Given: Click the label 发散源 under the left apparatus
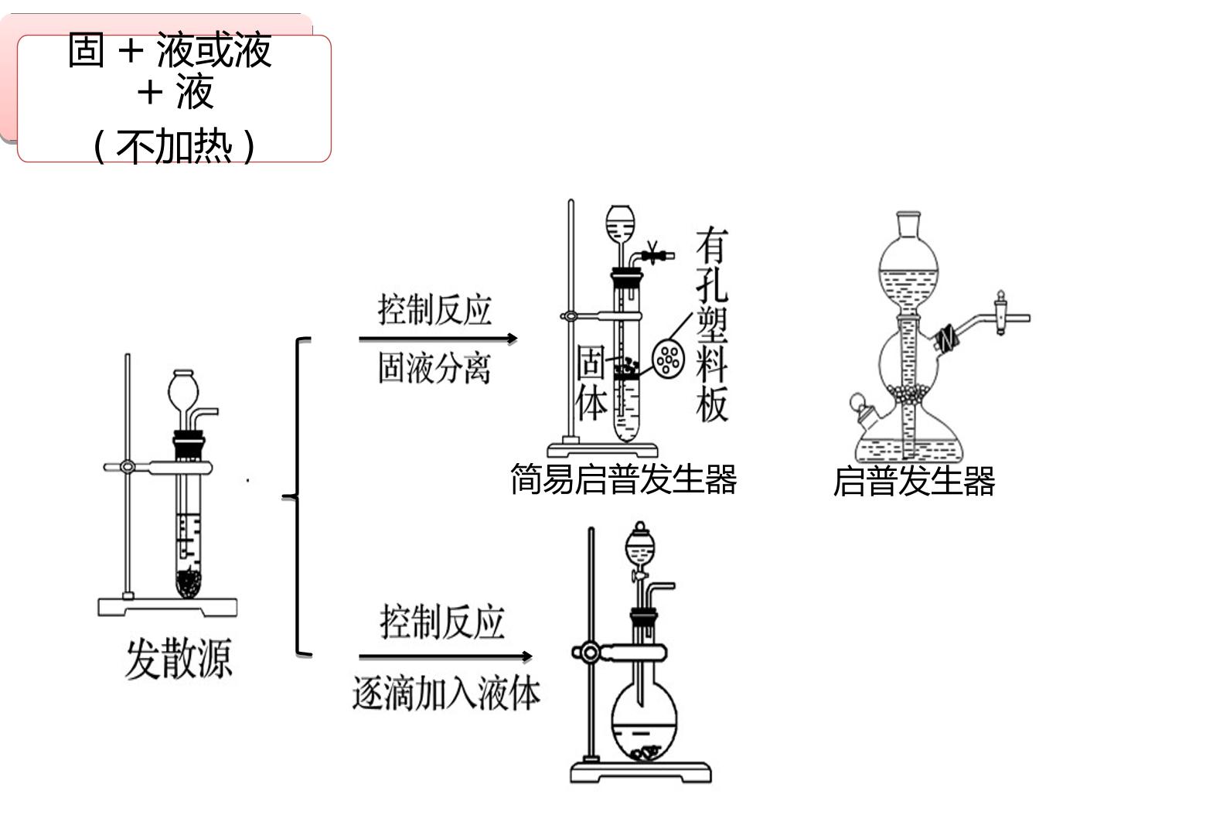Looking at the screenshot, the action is tap(179, 659).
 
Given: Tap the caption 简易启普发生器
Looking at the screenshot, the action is tap(623, 479).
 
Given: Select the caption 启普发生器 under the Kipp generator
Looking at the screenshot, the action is tap(914, 481).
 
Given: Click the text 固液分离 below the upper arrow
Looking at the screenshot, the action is tap(434, 368).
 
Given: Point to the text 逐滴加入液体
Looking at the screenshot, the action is tap(446, 694).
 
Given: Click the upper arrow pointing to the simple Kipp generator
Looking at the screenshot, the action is tap(438, 339).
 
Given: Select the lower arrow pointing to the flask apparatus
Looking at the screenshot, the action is tap(445, 656).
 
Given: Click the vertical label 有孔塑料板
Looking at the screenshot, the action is tap(712, 325).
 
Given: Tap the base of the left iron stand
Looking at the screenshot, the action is tap(168, 607).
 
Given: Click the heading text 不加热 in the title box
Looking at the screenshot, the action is tap(174, 146).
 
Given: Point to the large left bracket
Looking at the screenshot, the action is tap(297, 497).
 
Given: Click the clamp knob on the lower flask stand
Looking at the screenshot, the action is tap(589, 653).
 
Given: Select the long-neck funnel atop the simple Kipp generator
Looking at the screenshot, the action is tap(620, 237).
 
